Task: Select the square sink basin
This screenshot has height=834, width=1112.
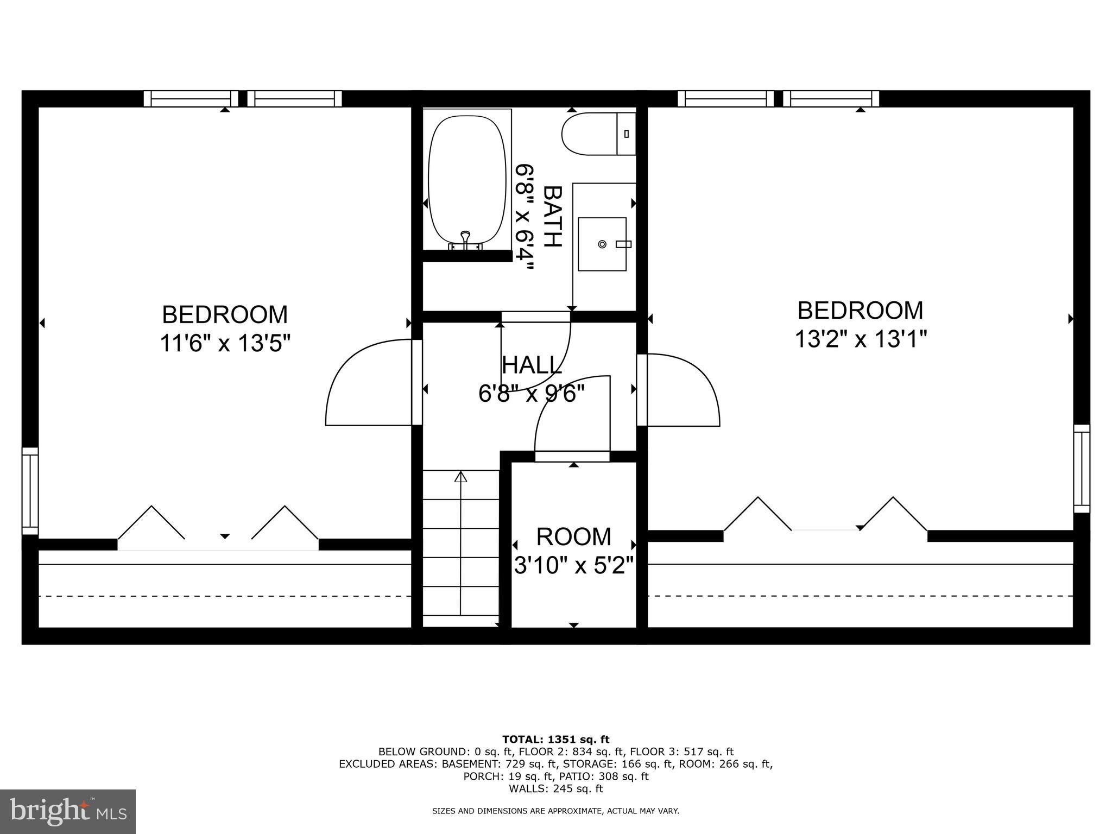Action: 602,244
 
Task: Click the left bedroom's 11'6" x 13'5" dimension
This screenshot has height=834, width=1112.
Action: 225,343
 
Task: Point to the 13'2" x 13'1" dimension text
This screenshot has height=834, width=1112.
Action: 860,339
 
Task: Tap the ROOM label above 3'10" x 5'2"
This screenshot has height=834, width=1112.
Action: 573,536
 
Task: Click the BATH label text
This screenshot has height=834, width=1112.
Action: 552,216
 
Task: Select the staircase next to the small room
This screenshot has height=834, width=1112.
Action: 460,548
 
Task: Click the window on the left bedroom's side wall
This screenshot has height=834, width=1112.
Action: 30,491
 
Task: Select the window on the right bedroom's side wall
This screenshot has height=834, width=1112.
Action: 1082,469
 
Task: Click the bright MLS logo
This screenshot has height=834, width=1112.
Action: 68,811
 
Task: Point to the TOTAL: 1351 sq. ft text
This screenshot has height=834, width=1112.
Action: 555,739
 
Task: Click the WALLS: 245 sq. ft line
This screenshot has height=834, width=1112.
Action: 555,788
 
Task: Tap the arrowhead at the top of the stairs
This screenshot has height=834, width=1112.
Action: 460,477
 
